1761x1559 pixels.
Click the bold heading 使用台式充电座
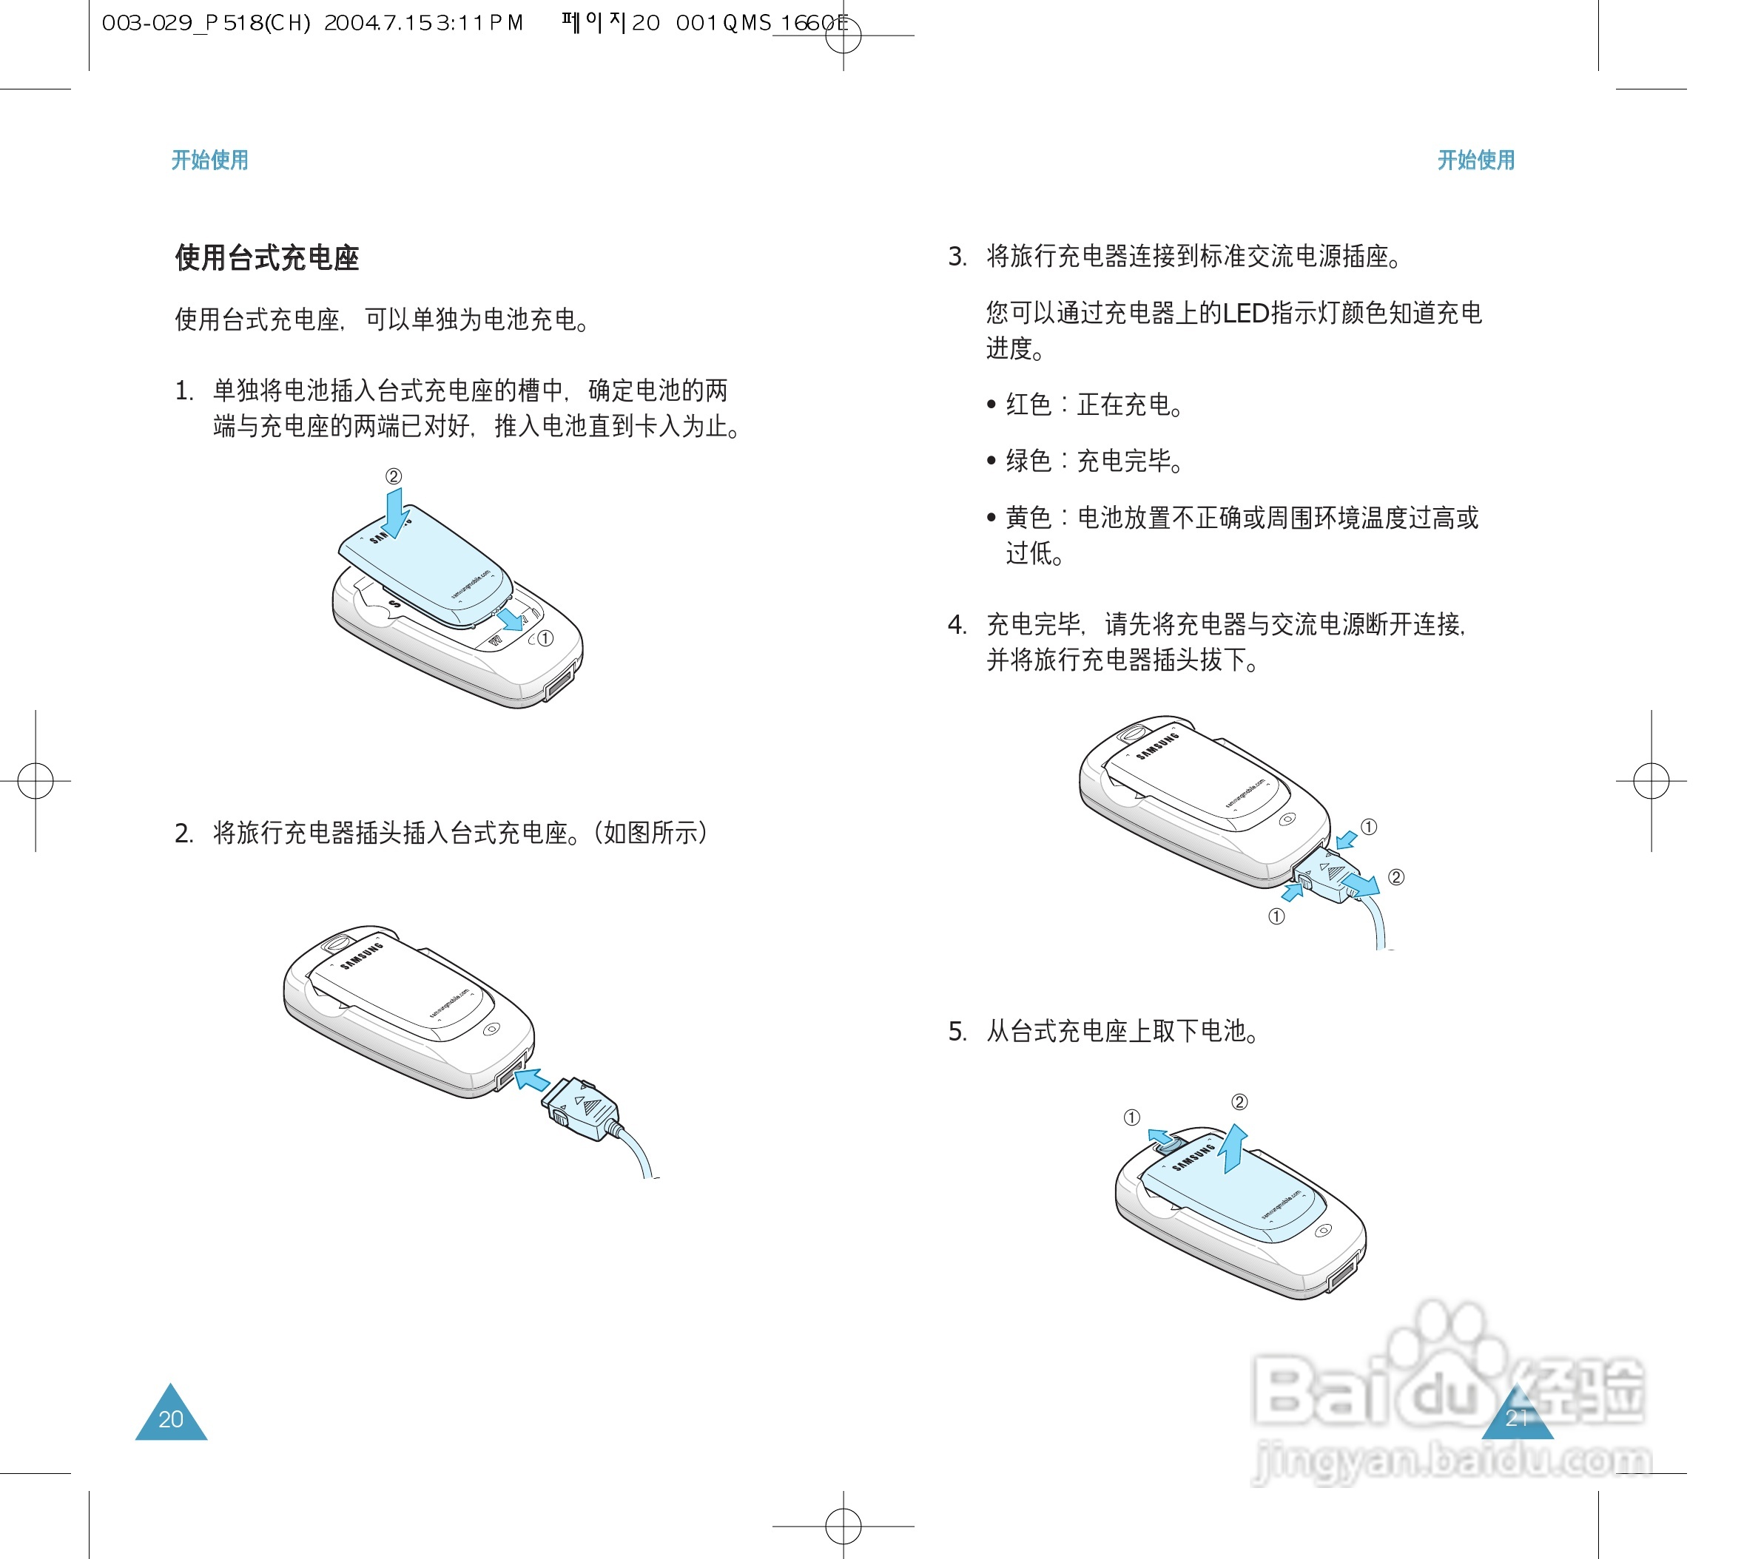pyautogui.click(x=267, y=257)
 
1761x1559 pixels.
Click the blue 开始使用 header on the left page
pyautogui.click(x=209, y=160)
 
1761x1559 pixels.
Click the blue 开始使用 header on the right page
pyautogui.click(x=1476, y=160)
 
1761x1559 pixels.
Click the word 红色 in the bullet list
pyautogui.click(x=1028, y=405)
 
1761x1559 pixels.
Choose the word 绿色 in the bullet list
pyautogui.click(x=1028, y=461)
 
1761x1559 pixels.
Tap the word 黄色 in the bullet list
pyautogui.click(x=1028, y=518)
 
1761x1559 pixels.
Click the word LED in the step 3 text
pyautogui.click(x=1246, y=313)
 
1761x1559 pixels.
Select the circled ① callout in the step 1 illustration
pyautogui.click(x=545, y=638)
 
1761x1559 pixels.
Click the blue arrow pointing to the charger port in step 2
pyautogui.click(x=533, y=1080)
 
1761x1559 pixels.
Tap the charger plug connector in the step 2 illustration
pyautogui.click(x=583, y=1109)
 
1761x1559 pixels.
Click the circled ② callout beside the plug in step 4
pyautogui.click(x=1396, y=877)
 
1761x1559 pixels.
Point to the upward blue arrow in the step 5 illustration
pyautogui.click(x=1236, y=1148)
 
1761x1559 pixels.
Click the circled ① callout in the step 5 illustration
pyautogui.click(x=1132, y=1117)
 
